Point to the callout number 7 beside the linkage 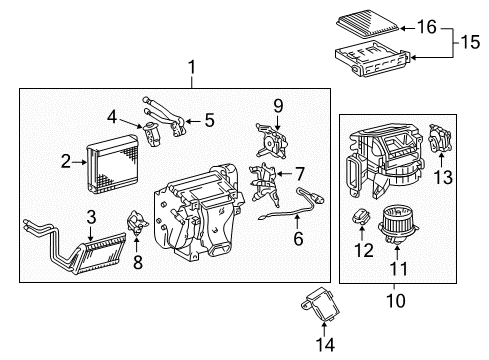coord(298,174)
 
